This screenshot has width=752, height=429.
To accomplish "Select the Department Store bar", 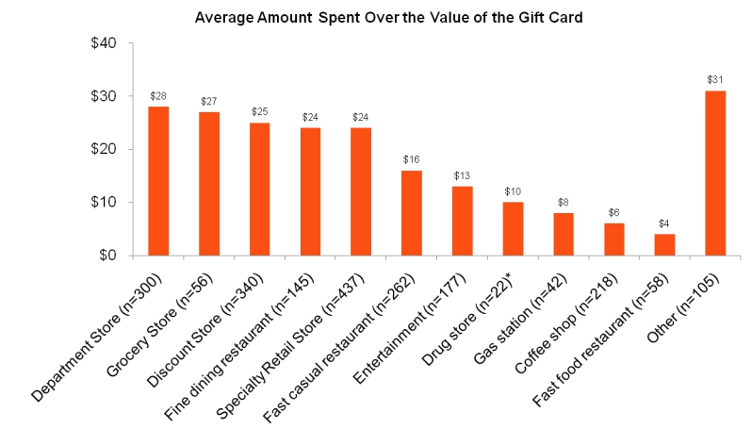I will click(158, 181).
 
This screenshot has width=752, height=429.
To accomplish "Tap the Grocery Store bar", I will click(209, 184).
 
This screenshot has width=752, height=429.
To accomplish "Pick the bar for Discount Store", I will click(259, 189).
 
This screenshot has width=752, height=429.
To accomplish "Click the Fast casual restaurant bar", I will click(412, 213).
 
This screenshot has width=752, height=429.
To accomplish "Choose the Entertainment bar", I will click(462, 221).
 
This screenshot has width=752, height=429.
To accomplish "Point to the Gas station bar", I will click(564, 234).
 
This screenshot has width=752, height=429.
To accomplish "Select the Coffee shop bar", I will click(614, 239).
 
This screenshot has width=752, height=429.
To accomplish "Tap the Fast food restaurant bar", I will click(665, 244).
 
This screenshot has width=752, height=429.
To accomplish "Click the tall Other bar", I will click(715, 173).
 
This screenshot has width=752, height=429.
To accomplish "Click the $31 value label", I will click(715, 80).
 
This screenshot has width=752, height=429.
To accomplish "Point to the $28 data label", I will click(158, 96).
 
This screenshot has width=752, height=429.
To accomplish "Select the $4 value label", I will click(665, 223).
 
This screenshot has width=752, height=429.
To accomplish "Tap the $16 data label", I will click(412, 160).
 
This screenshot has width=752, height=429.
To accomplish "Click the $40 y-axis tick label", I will click(102, 43).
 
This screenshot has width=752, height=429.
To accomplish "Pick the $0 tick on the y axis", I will click(106, 256).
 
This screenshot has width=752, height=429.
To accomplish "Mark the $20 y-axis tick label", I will click(102, 149).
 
